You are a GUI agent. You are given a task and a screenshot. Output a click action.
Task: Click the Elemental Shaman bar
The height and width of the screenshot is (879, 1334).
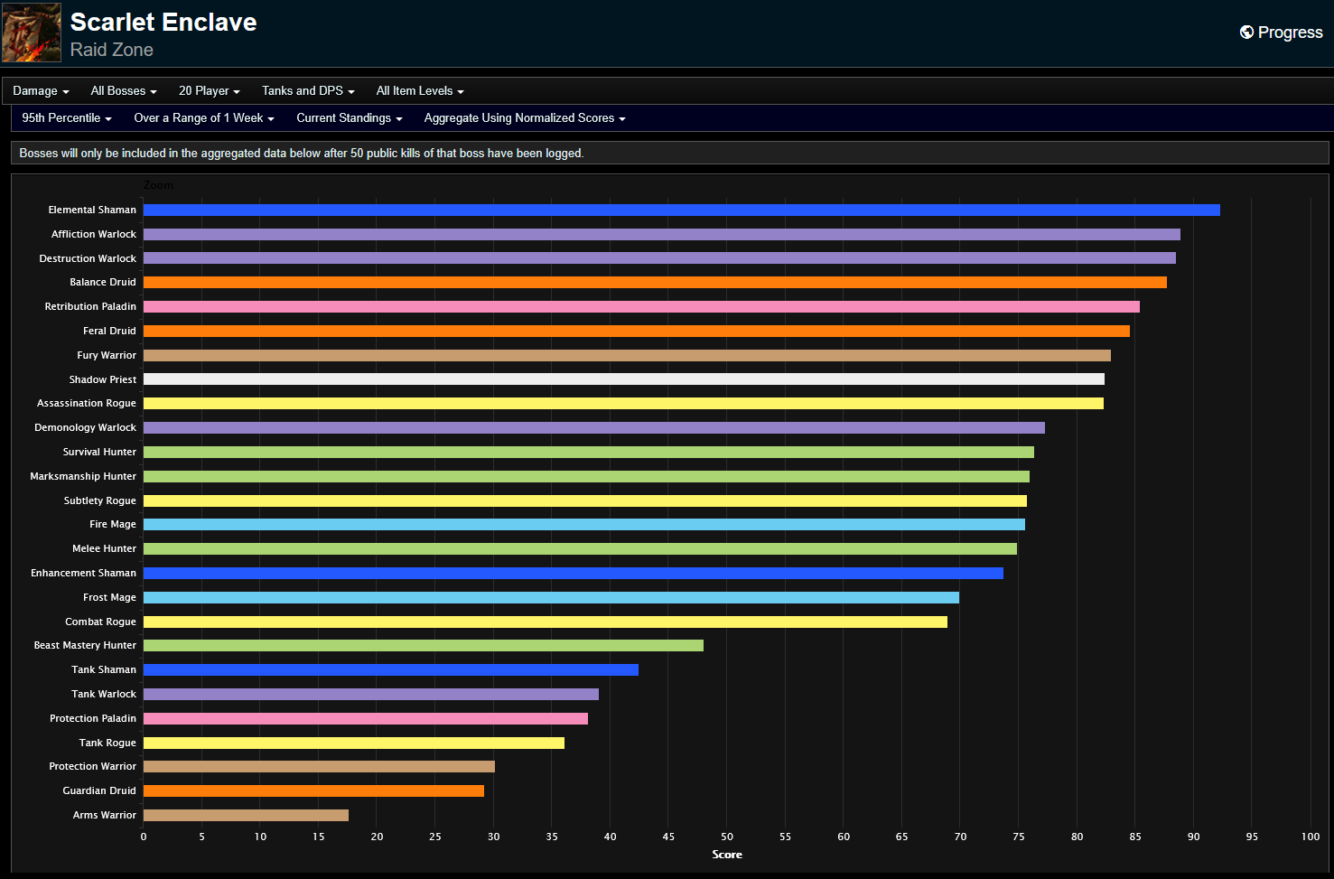point(681,210)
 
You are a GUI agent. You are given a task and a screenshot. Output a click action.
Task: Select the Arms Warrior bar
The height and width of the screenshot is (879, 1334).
point(246,815)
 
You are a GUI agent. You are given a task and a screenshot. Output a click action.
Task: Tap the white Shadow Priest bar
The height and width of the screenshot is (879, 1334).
point(623,379)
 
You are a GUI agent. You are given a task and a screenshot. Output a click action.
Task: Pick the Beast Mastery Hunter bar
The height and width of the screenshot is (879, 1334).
point(423,645)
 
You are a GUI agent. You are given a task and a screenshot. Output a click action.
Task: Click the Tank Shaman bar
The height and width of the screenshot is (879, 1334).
point(390,669)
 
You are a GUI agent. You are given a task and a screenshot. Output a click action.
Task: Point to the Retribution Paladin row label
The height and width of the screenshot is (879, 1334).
point(90,306)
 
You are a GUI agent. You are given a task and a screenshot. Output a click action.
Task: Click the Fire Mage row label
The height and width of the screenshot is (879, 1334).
point(113,524)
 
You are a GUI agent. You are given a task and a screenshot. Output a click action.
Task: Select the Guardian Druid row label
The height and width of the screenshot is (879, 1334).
point(99,790)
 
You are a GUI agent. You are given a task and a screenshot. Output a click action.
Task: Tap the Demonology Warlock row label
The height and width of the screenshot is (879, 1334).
point(85,427)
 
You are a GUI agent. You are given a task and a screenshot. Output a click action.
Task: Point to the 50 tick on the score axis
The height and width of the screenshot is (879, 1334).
point(727,837)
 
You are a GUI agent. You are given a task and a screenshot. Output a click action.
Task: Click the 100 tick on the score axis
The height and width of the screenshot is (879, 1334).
point(1310,837)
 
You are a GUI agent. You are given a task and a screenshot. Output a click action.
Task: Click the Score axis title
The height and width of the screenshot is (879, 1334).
point(727,855)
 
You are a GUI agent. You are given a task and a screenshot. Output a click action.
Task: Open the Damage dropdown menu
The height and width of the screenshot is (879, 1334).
point(41,90)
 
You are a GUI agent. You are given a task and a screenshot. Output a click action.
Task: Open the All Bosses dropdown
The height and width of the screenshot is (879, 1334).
point(124,90)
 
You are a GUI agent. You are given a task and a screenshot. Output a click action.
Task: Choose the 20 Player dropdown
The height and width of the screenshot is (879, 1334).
point(209,90)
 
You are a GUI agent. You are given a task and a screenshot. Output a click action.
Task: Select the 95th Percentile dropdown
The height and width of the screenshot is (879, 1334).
point(67,117)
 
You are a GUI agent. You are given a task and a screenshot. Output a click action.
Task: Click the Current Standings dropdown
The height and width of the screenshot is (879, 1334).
point(349,117)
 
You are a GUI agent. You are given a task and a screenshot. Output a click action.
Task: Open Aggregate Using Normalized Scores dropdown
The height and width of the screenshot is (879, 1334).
point(524,117)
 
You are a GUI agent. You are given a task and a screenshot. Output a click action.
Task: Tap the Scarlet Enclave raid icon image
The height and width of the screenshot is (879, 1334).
point(32,33)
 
